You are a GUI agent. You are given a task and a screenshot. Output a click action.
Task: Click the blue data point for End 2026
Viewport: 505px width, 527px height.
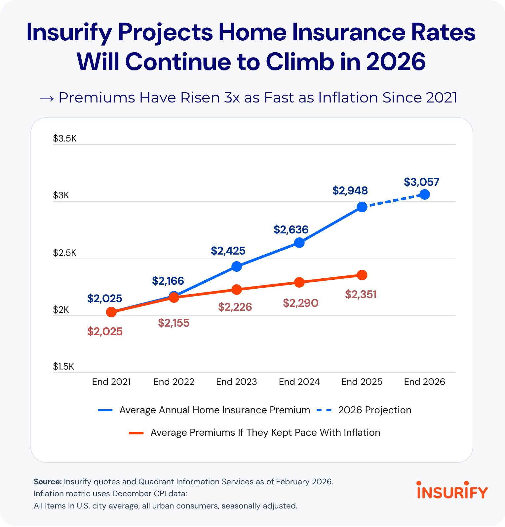coord(425,194)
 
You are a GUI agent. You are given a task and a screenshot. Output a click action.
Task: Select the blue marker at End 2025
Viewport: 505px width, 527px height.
coord(362,207)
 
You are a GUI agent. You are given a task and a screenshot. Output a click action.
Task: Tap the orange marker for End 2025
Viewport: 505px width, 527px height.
coord(362,275)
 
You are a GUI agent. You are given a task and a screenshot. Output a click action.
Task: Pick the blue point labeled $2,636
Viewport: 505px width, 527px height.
coord(299,243)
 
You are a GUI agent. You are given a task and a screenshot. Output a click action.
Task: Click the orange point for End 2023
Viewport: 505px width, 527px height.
coord(237,290)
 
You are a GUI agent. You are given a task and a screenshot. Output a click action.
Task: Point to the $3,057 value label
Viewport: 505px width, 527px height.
coord(421,182)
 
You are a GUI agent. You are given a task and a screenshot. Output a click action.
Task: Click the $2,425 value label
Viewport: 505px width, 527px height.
coord(228,251)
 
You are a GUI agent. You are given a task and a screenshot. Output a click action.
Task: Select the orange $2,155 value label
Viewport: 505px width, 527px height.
coord(174,323)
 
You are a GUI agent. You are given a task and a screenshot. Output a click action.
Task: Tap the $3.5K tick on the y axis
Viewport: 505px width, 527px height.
coord(65,138)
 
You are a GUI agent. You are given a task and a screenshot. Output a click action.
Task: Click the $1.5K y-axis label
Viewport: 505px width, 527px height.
coord(63,366)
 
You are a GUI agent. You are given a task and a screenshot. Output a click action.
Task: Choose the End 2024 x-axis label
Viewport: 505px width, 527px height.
coord(299,382)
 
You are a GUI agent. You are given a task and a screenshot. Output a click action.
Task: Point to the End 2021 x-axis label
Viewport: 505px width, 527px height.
coord(111,382)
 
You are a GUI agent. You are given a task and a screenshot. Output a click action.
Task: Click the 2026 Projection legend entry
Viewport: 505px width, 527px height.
coord(374,410)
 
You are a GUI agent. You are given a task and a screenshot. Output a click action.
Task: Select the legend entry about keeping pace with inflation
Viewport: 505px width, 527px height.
coord(265,432)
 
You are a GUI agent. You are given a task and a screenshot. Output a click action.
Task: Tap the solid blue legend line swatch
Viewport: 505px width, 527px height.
coord(105,410)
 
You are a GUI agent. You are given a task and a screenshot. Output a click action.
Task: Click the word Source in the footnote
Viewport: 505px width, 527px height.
coord(48,482)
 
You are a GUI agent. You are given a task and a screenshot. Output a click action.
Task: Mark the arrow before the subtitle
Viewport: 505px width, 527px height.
coord(47,98)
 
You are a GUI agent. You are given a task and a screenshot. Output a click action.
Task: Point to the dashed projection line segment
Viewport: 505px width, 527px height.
coord(393,201)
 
